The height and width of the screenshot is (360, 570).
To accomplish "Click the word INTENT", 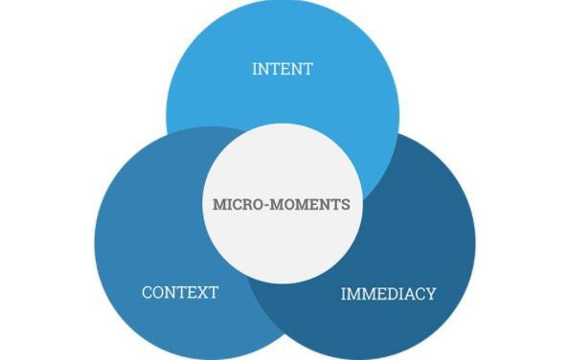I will click(282, 69).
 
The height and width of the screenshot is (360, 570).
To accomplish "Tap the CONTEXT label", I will click(180, 292).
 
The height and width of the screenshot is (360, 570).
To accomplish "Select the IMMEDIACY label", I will click(388, 293).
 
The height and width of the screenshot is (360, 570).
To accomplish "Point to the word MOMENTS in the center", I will click(307, 205).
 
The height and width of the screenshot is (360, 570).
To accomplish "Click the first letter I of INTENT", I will click(254, 69).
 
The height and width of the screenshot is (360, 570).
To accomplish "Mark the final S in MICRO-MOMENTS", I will click(346, 205).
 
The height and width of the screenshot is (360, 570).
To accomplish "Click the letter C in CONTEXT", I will click(147, 292).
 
